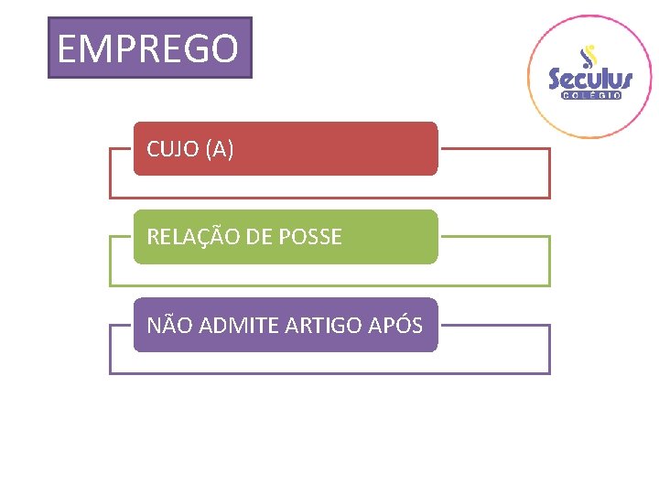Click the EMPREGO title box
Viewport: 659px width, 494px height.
(149, 48)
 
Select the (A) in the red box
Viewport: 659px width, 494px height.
(221, 149)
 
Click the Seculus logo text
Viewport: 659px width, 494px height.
(590, 79)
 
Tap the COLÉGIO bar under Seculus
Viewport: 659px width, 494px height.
(590, 95)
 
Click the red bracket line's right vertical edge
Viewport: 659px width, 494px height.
(550, 173)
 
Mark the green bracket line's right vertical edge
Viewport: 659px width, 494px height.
(550, 261)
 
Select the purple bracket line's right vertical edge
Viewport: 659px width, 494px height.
(550, 349)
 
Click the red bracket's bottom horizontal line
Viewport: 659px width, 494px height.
(329, 198)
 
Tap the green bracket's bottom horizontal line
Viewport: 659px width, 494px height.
(329, 285)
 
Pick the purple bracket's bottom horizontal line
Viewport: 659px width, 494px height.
(329, 373)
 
